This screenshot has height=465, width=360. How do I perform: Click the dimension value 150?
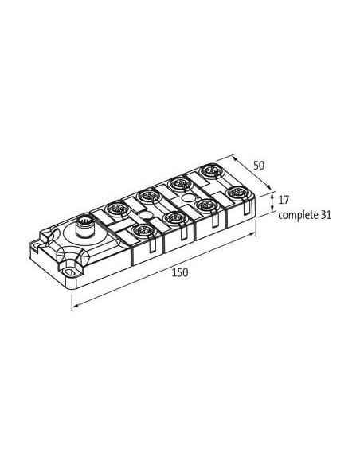tap(180, 272)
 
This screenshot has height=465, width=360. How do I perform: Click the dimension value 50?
tap(259, 166)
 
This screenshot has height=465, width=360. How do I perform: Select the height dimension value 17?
tap(284, 200)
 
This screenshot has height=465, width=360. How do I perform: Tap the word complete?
tap(297, 215)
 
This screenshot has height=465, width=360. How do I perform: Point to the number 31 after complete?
tap(326, 215)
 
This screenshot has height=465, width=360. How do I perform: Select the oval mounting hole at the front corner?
tap(70, 272)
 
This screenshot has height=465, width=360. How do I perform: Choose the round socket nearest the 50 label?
tap(210, 172)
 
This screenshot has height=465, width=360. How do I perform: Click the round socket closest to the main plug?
tap(115, 209)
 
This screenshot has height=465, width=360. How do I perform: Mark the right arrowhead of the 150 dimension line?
tap(253, 233)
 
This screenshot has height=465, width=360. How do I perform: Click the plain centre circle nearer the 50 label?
tap(187, 197)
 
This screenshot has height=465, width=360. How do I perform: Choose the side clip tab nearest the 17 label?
tap(247, 206)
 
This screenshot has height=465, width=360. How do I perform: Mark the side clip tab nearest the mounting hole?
tap(152, 245)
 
